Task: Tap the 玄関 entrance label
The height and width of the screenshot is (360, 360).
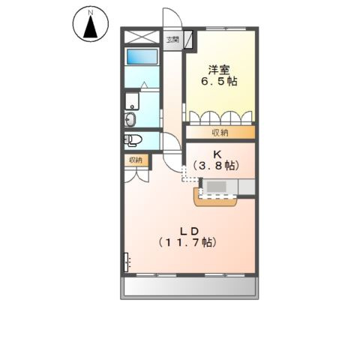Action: tap(173, 40)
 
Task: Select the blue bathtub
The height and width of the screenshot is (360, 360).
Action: tap(141, 57)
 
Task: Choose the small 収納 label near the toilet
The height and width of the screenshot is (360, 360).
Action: tap(135, 160)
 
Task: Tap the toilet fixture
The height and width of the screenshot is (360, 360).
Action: tap(133, 139)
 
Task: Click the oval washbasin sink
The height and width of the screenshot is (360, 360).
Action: tap(131, 119)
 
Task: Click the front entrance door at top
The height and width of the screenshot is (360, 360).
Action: tap(173, 19)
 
